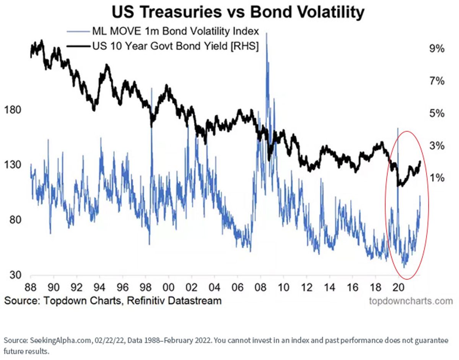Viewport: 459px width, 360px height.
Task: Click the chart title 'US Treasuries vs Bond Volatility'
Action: click(x=238, y=12)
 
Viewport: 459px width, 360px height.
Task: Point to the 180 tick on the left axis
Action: click(x=13, y=110)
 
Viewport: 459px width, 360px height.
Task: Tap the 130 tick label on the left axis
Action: click(x=13, y=165)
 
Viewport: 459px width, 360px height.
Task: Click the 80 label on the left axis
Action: click(x=15, y=220)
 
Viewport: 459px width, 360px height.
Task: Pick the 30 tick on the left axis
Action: click(x=15, y=275)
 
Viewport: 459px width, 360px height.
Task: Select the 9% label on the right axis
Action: click(x=436, y=49)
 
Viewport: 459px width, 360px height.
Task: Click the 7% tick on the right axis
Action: click(x=436, y=81)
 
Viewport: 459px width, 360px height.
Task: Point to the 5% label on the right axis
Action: click(x=436, y=114)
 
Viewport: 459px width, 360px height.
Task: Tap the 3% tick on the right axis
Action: click(x=436, y=146)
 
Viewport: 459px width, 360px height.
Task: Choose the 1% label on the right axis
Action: click(x=436, y=178)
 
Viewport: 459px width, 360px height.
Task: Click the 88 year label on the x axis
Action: click(x=31, y=287)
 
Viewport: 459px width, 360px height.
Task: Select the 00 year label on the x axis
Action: click(x=169, y=287)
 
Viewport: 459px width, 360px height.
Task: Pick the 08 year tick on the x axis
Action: click(x=260, y=287)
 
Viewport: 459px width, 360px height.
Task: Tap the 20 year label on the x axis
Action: click(x=398, y=287)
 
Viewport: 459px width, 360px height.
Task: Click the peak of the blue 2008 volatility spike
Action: click(x=267, y=33)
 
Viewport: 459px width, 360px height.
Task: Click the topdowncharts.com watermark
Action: click(x=411, y=301)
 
